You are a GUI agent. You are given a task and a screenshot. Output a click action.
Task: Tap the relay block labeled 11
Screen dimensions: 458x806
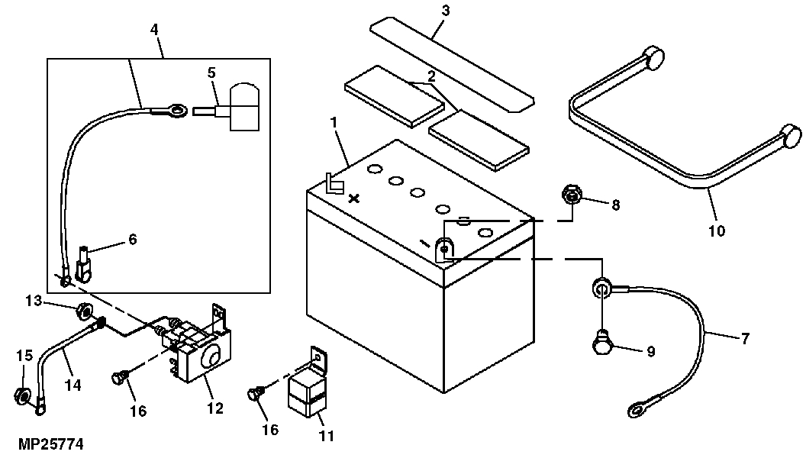(x=307, y=392)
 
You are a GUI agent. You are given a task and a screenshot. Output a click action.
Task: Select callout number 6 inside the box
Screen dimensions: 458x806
(x=132, y=239)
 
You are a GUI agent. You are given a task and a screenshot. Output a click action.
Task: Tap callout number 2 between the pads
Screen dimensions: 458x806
(x=431, y=76)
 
